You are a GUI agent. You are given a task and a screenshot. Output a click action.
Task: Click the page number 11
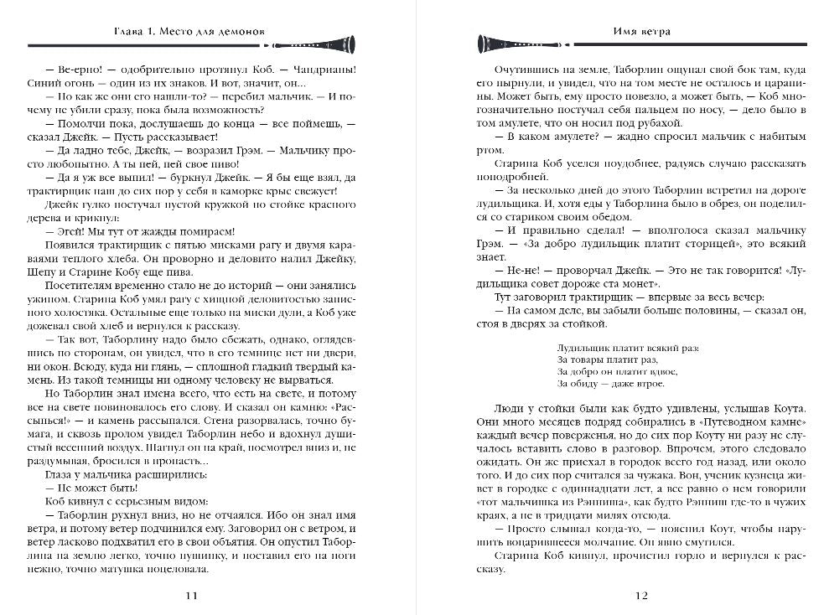click(192, 596)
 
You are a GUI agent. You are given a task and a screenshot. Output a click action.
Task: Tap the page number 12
click(641, 596)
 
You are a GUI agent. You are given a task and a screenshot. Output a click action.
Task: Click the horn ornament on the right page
click(503, 44)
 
